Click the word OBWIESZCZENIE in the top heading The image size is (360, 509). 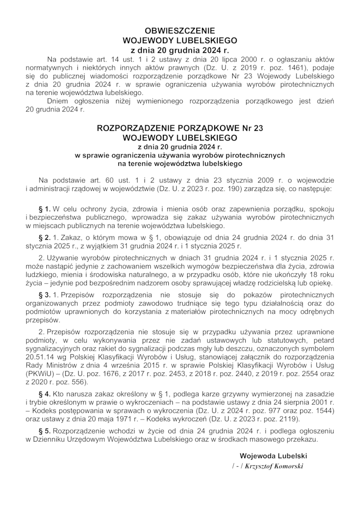[x=180, y=31]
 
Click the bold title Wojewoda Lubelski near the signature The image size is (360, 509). [x=273, y=455]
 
